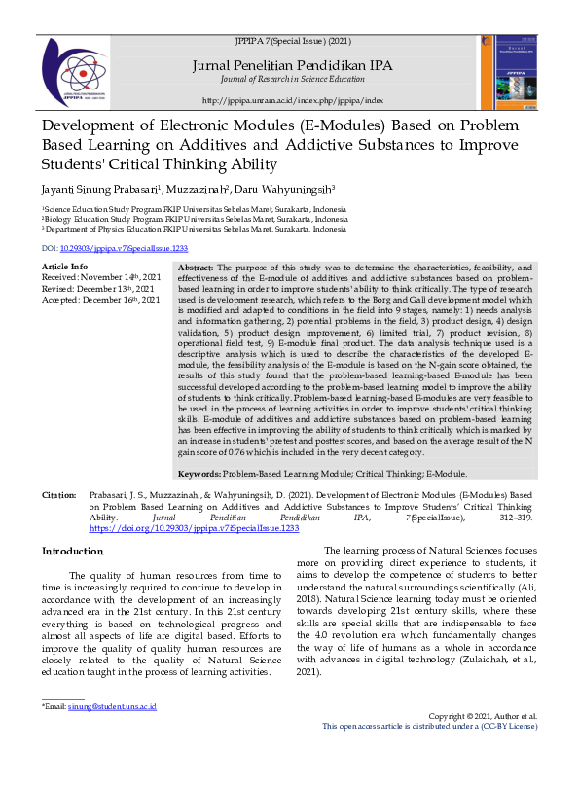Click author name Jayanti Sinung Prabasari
[x=95, y=189]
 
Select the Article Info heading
[x=64, y=266]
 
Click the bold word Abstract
[x=196, y=267]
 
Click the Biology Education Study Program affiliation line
[x=193, y=220]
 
